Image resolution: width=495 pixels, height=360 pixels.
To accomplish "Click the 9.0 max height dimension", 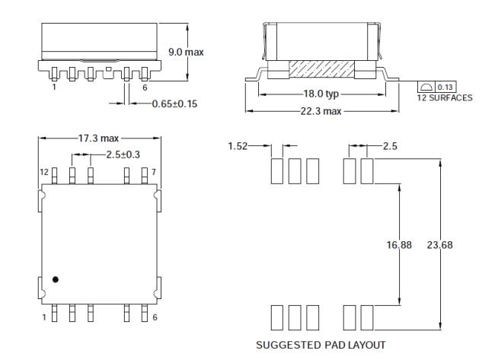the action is [x=186, y=52].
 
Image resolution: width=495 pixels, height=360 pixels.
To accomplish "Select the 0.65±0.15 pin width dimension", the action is [x=174, y=104].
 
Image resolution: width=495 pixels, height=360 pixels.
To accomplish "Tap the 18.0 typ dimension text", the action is [x=321, y=94].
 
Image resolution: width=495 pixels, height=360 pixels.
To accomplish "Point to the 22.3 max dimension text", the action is [x=321, y=111].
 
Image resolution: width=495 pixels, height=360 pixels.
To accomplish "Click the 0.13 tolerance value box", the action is [x=445, y=87].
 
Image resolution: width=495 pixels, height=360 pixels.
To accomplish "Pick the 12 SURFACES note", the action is [x=445, y=98].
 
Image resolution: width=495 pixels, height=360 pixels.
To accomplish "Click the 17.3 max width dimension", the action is [x=98, y=139].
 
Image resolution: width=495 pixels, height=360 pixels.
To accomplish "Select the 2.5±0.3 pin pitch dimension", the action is [x=123, y=155].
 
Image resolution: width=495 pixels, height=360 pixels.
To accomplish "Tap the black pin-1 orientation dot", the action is [x=56, y=279].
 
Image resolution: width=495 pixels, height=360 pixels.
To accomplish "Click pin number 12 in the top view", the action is [x=44, y=172].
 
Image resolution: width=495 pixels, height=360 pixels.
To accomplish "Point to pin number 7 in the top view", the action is [x=154, y=172].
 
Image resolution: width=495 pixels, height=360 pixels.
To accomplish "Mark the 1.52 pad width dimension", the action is [x=238, y=146].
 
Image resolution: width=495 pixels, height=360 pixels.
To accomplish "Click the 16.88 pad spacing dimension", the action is [x=399, y=245].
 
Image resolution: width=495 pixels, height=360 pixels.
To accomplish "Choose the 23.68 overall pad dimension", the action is [x=439, y=245].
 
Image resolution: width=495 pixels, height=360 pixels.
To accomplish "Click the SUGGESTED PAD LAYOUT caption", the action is [x=321, y=345].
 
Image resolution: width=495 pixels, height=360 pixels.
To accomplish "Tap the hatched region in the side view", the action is [x=321, y=69].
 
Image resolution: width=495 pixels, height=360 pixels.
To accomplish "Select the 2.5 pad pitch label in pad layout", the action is [x=390, y=146].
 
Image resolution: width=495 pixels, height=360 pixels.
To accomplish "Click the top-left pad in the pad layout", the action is [x=277, y=171].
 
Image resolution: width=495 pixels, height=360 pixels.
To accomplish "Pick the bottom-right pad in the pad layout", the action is [x=367, y=317].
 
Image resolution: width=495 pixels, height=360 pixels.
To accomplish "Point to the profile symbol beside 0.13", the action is [x=426, y=87].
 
